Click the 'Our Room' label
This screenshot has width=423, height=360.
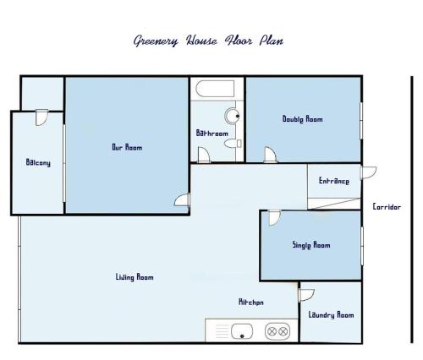[127, 147]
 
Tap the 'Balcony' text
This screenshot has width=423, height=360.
[38, 162]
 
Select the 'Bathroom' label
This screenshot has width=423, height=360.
[212, 133]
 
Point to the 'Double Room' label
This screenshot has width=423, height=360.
[303, 119]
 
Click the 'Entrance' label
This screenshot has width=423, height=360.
[334, 181]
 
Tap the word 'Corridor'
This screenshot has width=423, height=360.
[387, 207]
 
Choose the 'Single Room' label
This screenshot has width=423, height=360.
[311, 245]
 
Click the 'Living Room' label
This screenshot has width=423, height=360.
[135, 277]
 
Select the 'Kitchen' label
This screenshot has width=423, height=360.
[251, 303]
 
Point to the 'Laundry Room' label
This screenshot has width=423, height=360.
[331, 314]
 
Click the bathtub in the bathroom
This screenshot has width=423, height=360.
[215, 89]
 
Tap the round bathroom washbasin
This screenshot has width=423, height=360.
[233, 116]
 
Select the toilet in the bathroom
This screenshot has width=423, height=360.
[233, 144]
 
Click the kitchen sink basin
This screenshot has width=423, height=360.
[242, 331]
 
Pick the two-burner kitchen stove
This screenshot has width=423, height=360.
[277, 331]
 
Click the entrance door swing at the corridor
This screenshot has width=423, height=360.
[369, 173]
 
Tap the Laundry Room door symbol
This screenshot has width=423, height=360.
[306, 295]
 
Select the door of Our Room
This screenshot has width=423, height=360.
[182, 200]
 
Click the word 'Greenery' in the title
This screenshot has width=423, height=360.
[156, 41]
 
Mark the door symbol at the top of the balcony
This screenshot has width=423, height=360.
[41, 117]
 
